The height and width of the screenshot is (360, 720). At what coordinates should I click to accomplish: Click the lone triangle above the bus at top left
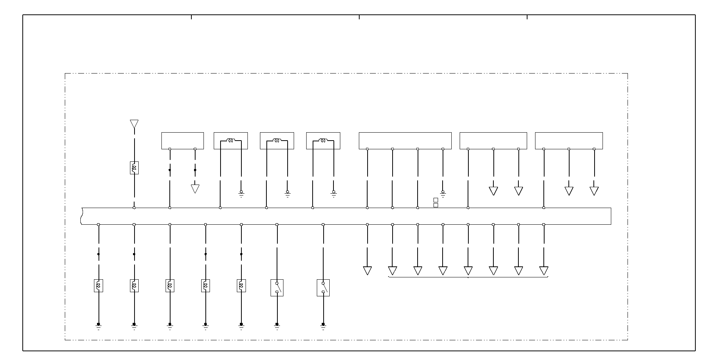[134, 124]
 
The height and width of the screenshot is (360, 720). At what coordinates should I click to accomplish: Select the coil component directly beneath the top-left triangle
[134, 167]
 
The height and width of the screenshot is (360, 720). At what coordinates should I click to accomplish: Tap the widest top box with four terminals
[405, 141]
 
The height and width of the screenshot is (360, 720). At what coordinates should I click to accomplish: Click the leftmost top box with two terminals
[183, 141]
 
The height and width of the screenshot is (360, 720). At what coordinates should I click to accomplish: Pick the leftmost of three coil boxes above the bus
[231, 141]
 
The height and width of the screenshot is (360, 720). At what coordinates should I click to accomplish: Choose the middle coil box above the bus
[277, 141]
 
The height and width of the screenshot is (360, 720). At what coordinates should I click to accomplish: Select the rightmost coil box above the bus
[323, 141]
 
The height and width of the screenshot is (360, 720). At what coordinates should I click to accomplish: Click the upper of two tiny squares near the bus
[436, 200]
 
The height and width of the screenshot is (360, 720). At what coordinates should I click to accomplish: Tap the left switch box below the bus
[277, 288]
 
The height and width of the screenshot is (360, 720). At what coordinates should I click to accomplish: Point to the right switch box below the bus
[323, 288]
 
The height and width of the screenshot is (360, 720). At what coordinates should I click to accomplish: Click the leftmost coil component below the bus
[99, 285]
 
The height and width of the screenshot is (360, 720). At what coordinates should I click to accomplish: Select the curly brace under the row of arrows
[468, 277]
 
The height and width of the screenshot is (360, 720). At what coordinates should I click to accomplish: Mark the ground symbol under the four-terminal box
[443, 194]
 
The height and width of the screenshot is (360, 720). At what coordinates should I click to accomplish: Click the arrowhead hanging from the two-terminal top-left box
[195, 189]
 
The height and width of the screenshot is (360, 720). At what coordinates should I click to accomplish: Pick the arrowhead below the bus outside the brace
[367, 271]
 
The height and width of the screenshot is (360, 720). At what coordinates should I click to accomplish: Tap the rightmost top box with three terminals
[569, 141]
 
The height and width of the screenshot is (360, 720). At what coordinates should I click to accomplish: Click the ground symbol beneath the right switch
[323, 326]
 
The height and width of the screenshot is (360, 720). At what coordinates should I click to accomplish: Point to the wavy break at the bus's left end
[81, 216]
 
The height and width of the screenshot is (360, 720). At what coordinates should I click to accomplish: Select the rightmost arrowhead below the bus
[544, 271]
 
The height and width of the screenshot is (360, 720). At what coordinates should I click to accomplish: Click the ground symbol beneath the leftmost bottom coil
[99, 326]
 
